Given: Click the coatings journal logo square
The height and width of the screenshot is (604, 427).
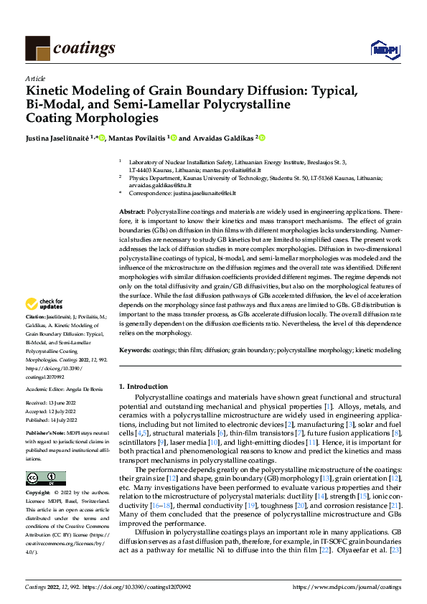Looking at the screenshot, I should point(37,48).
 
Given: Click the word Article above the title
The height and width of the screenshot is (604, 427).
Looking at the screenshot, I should point(35,78).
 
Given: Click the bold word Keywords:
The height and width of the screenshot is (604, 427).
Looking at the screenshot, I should point(133,350).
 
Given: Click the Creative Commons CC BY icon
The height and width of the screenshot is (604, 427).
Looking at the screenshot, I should point(45,478).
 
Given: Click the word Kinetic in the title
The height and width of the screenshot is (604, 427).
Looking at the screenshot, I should point(52,91).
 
